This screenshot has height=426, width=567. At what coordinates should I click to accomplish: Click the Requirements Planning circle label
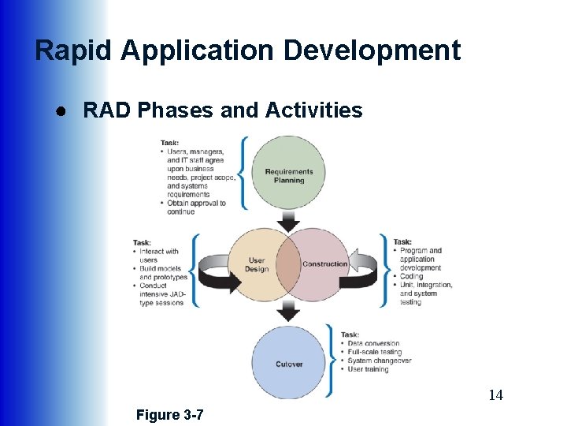coord(289,176)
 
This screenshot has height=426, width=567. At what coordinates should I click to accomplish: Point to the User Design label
coord(257,265)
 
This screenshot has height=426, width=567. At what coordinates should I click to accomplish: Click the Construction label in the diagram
coord(324,264)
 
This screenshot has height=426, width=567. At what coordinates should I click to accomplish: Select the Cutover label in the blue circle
coord(289,364)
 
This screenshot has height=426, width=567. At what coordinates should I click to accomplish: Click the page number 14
coord(495,395)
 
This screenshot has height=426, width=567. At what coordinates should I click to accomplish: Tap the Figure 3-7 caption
coord(169,414)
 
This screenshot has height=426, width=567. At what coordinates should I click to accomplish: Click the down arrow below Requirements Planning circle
coord(289,219)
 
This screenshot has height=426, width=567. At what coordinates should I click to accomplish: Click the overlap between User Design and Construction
coord(289,265)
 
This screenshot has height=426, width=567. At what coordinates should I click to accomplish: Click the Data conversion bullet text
coord(372,343)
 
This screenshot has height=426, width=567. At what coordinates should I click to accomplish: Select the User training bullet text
coord(369,369)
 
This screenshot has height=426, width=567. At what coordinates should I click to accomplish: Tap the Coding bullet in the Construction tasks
coord(411,276)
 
